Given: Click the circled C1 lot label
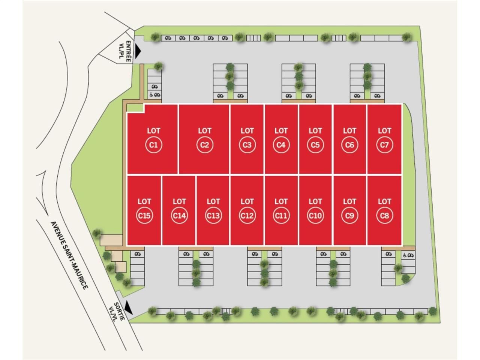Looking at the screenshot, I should click(153, 145).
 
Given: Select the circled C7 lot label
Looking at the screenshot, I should click(384, 145).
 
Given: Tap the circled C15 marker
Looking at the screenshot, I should click(144, 216).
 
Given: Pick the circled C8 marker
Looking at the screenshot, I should click(384, 216).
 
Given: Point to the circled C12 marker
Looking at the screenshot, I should click(247, 216).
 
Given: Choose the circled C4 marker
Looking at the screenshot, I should click(281, 145).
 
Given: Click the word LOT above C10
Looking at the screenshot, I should click(315, 201).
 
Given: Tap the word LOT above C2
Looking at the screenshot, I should click(204, 130).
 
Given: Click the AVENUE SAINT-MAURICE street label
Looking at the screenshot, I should click(69, 255).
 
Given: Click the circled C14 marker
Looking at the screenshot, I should click(179, 216).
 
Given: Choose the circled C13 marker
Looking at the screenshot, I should click(213, 216).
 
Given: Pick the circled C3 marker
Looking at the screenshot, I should click(247, 145).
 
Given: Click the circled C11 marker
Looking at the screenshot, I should click(281, 216).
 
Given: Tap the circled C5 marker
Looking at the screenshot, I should click(315, 145).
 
